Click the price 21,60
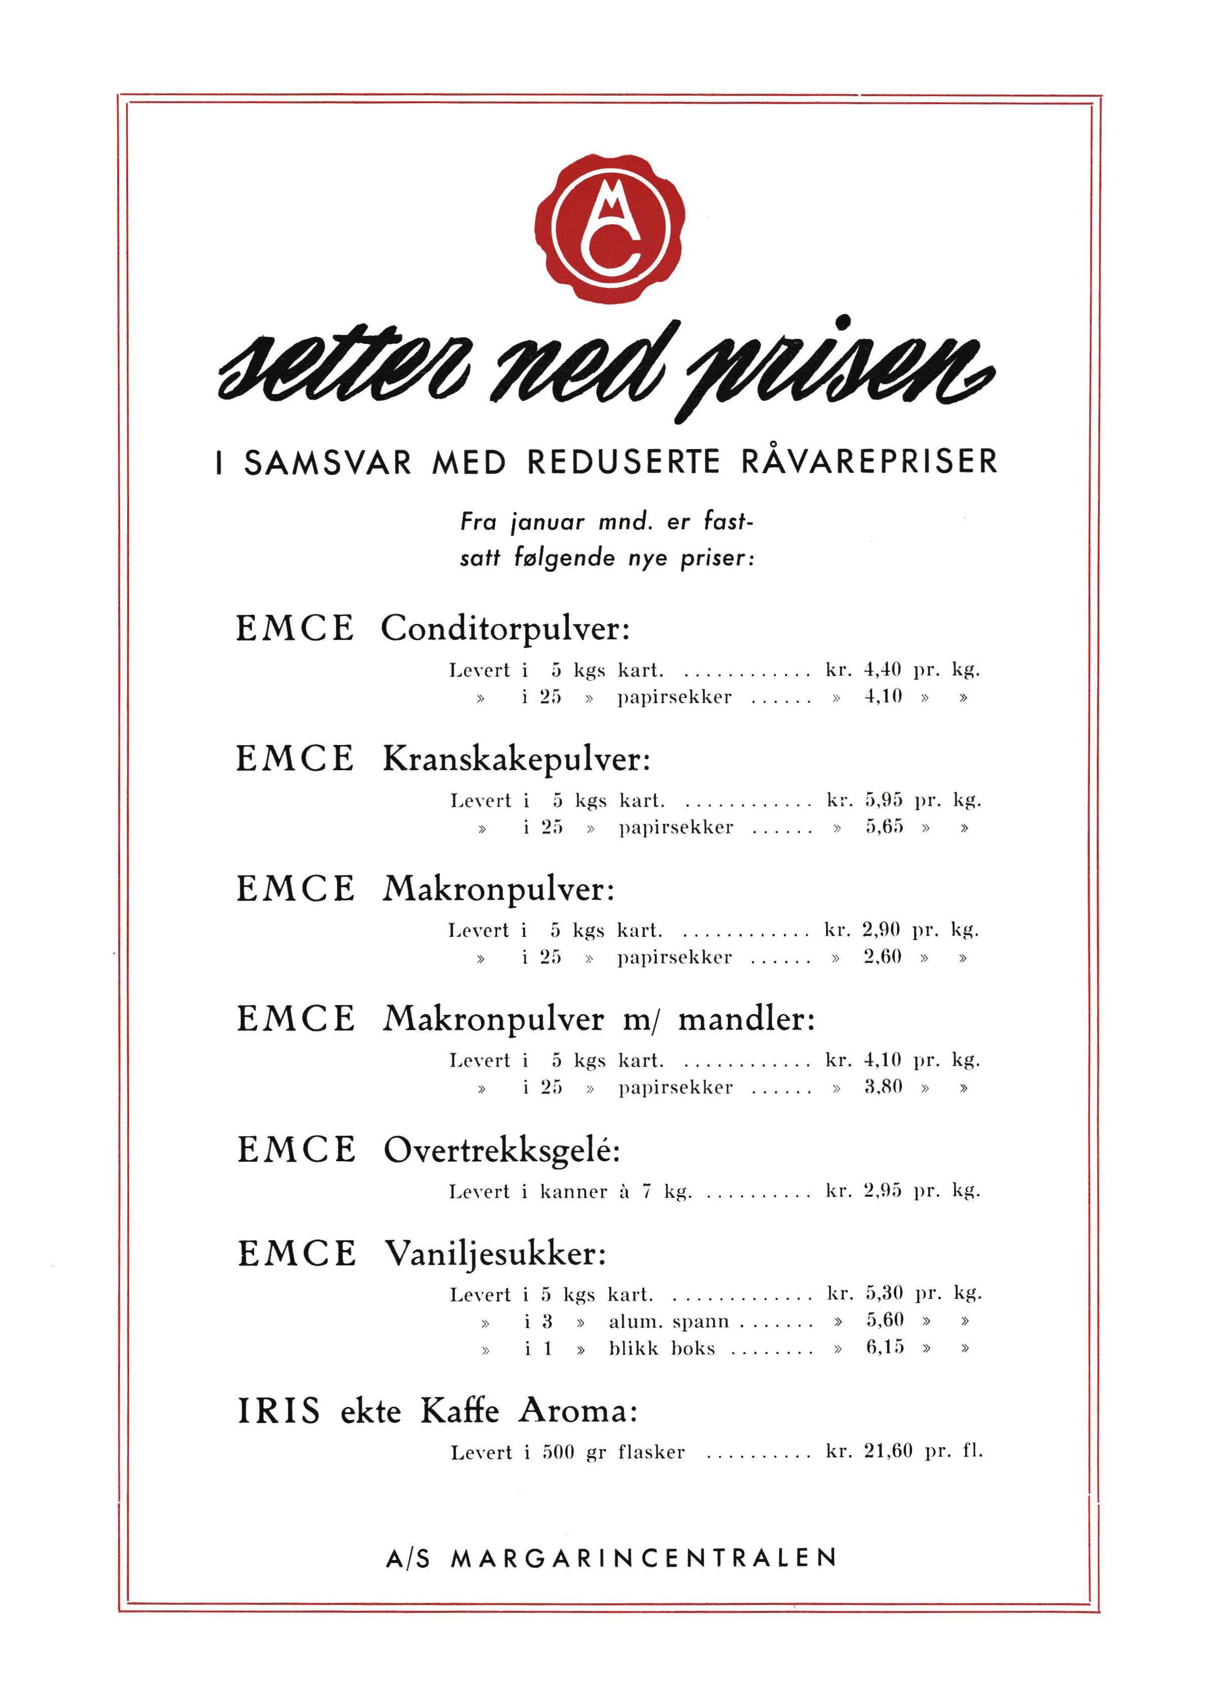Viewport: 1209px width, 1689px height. click(888, 1452)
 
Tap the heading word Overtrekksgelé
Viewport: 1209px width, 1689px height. click(501, 1151)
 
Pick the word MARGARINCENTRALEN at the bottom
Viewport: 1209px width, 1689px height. click(644, 1559)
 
